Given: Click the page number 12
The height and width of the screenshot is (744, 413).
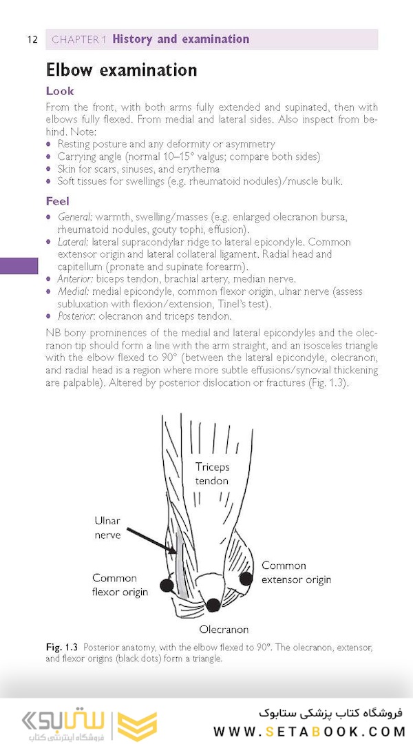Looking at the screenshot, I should click(32, 39).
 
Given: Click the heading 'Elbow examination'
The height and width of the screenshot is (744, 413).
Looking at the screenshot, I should click(121, 70).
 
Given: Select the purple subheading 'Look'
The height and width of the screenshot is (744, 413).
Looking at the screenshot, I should click(59, 91).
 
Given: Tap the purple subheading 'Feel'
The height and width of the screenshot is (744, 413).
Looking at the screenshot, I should click(58, 201).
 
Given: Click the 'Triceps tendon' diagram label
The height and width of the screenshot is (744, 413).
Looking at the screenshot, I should click(212, 473).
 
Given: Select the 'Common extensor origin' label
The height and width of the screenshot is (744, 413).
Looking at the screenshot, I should click(295, 572).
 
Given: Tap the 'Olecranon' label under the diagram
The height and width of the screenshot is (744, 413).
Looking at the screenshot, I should click(224, 629).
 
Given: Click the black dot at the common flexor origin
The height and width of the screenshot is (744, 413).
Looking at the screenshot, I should click(166, 586).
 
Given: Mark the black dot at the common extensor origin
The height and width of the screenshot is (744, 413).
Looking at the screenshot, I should click(246, 579).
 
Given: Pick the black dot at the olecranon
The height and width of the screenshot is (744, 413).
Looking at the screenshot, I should click(213, 605).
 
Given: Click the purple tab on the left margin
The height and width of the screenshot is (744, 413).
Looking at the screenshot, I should click(19, 266).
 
